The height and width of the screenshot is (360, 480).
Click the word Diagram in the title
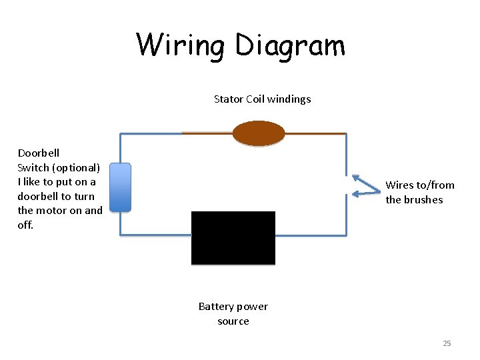tap(290, 45)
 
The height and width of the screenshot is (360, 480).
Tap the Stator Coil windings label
tap(262, 99)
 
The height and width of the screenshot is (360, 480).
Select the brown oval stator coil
tap(259, 133)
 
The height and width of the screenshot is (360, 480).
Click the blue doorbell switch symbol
tap(120, 187)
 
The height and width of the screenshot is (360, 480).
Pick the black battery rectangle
tap(233, 238)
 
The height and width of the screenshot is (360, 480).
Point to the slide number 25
tap(447, 343)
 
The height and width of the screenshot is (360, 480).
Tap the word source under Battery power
tap(233, 321)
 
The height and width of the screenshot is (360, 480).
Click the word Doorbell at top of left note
tap(38, 153)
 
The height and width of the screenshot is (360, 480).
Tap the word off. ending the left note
tap(25, 225)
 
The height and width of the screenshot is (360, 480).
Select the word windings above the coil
tap(289, 99)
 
